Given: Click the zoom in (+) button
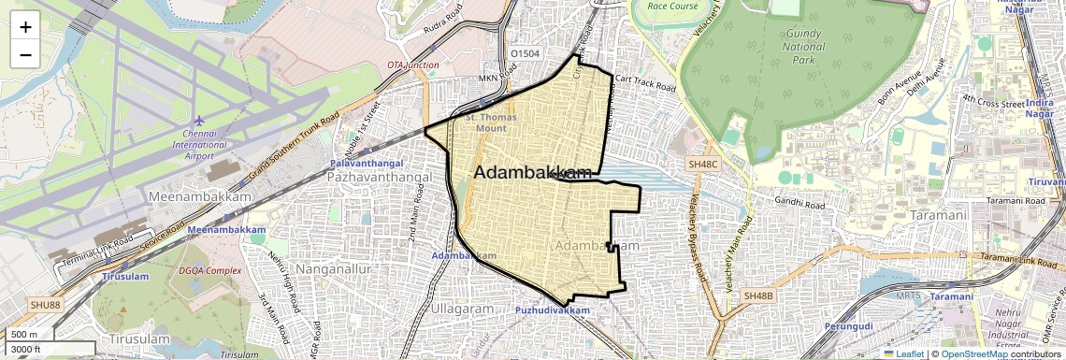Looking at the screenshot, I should (25, 26).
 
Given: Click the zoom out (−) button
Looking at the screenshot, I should (25, 54).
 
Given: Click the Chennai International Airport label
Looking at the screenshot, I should (199, 144).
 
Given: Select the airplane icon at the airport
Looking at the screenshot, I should (199, 121).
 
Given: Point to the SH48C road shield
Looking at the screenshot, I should (703, 164).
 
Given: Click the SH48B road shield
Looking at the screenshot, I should (759, 296).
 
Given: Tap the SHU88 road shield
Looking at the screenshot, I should (44, 304).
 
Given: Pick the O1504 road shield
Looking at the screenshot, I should (525, 53).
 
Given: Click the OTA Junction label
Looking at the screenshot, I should (412, 65).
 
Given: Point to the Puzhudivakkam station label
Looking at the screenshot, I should (552, 310).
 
